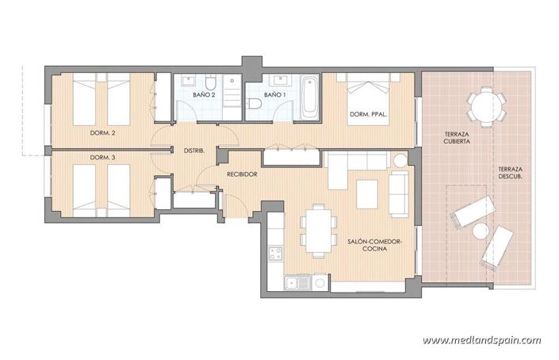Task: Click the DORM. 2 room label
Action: [103, 132]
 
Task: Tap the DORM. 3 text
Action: [103, 157]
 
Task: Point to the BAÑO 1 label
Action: [274, 95]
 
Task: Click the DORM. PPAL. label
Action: [368, 116]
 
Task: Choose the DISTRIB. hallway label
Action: [195, 151]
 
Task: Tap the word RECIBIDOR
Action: [242, 174]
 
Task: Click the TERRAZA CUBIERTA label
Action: [457, 137]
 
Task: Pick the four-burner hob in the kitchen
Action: [277, 255]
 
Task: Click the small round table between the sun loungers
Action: [481, 232]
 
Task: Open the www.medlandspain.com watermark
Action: [481, 340]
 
